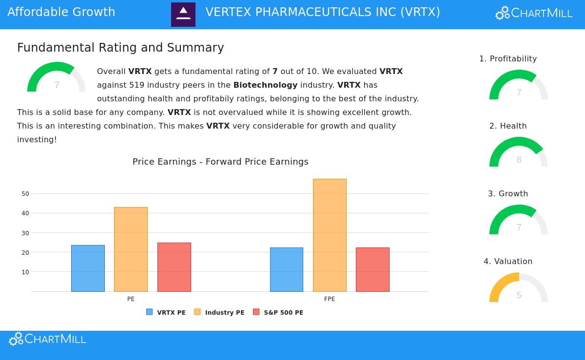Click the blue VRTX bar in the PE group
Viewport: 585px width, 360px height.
pos(88,268)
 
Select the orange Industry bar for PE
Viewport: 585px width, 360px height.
pos(131,249)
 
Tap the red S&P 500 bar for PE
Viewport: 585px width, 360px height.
pos(174,267)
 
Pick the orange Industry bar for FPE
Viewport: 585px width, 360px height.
pos(330,235)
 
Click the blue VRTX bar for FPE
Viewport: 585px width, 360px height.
pos(287,269)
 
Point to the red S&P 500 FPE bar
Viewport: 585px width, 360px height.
pos(372,269)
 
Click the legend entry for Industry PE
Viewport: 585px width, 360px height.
pos(220,312)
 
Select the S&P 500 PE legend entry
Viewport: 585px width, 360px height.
pos(278,312)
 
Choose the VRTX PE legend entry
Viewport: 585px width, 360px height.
pos(166,312)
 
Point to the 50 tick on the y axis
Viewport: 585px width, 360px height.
pos(25,194)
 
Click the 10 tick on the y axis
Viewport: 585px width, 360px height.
pos(25,272)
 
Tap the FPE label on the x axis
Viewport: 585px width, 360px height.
pos(330,299)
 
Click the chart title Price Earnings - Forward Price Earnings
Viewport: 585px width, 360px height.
pos(220,162)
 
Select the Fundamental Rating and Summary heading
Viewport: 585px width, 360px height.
pos(120,48)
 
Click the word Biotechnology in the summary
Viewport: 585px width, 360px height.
pos(265,85)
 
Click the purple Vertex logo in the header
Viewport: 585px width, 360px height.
pos(183,15)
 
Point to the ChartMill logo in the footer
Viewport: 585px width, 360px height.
pos(47,339)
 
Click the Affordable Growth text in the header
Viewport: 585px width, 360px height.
pos(61,12)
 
